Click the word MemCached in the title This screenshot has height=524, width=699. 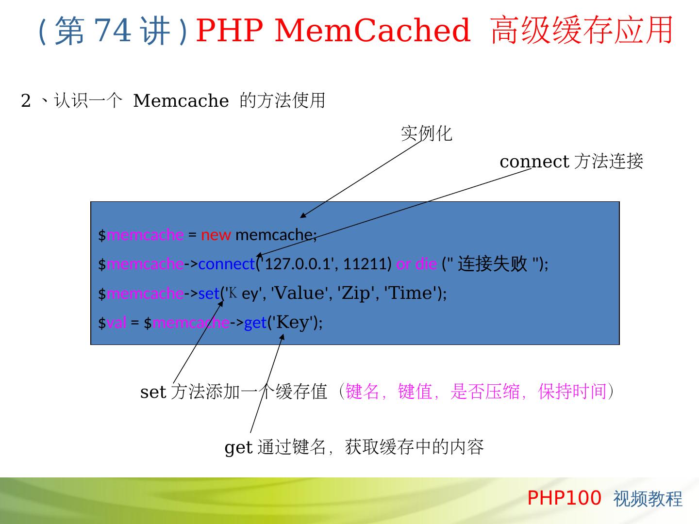click(372, 30)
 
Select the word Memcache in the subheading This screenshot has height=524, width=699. click(181, 101)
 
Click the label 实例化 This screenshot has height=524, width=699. click(426, 133)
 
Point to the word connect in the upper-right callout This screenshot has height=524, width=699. click(534, 161)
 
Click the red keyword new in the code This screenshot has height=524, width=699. click(216, 235)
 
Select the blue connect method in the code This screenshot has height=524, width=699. click(226, 264)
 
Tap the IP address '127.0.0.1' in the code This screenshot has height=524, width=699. click(298, 264)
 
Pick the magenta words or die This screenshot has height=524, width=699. click(416, 264)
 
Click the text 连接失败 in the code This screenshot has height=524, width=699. click(492, 264)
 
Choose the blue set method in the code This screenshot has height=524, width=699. click(209, 294)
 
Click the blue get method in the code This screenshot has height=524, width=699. click(255, 323)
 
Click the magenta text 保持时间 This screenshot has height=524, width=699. click(572, 391)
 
